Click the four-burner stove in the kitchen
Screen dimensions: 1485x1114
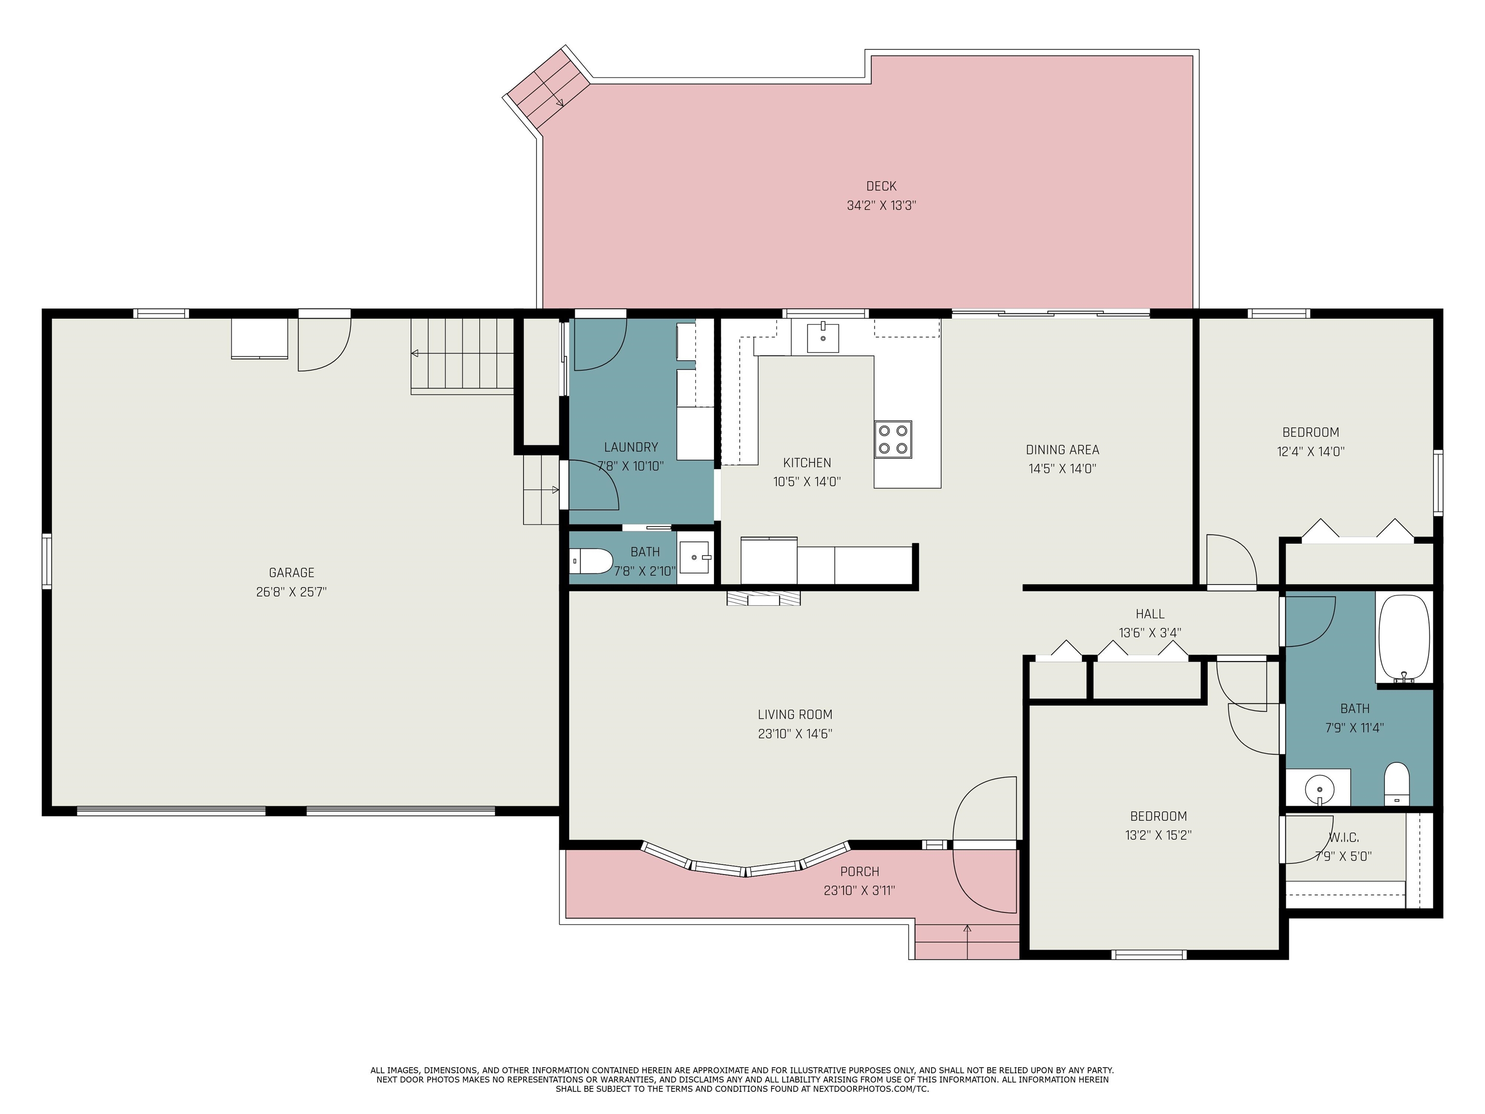893,439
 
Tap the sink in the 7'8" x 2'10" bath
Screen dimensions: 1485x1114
695,557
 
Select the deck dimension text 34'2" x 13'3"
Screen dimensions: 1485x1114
881,205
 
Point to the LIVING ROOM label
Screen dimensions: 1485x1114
795,715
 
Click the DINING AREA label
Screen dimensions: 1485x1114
1062,450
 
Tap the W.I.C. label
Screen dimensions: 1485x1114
1343,837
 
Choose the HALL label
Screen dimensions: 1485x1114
1150,614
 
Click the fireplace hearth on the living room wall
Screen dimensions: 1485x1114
763,598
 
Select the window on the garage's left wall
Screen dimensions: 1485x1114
47,561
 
